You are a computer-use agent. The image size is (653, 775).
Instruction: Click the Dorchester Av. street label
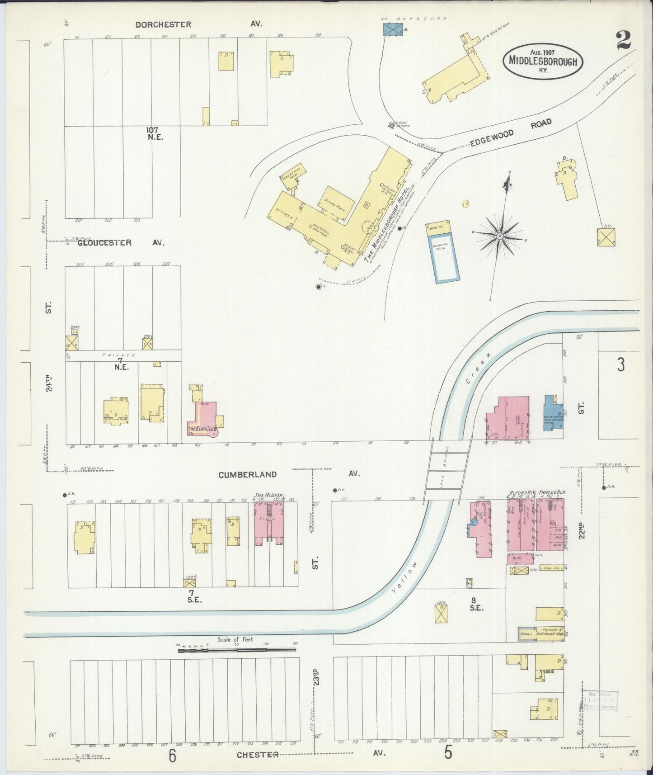click(x=164, y=24)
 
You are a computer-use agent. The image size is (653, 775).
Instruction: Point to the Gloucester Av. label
click(x=105, y=243)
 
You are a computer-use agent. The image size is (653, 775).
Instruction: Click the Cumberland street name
click(x=247, y=474)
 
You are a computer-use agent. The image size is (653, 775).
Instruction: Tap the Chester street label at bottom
click(x=257, y=754)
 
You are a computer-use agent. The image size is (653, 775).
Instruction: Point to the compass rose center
click(x=500, y=236)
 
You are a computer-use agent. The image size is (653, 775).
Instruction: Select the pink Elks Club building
click(x=202, y=421)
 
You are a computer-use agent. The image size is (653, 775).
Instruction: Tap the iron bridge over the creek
click(x=447, y=468)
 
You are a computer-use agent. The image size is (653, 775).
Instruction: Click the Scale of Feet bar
click(x=237, y=650)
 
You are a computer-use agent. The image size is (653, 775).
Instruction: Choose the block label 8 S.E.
click(x=477, y=603)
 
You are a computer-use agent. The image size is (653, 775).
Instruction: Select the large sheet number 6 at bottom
click(x=172, y=756)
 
